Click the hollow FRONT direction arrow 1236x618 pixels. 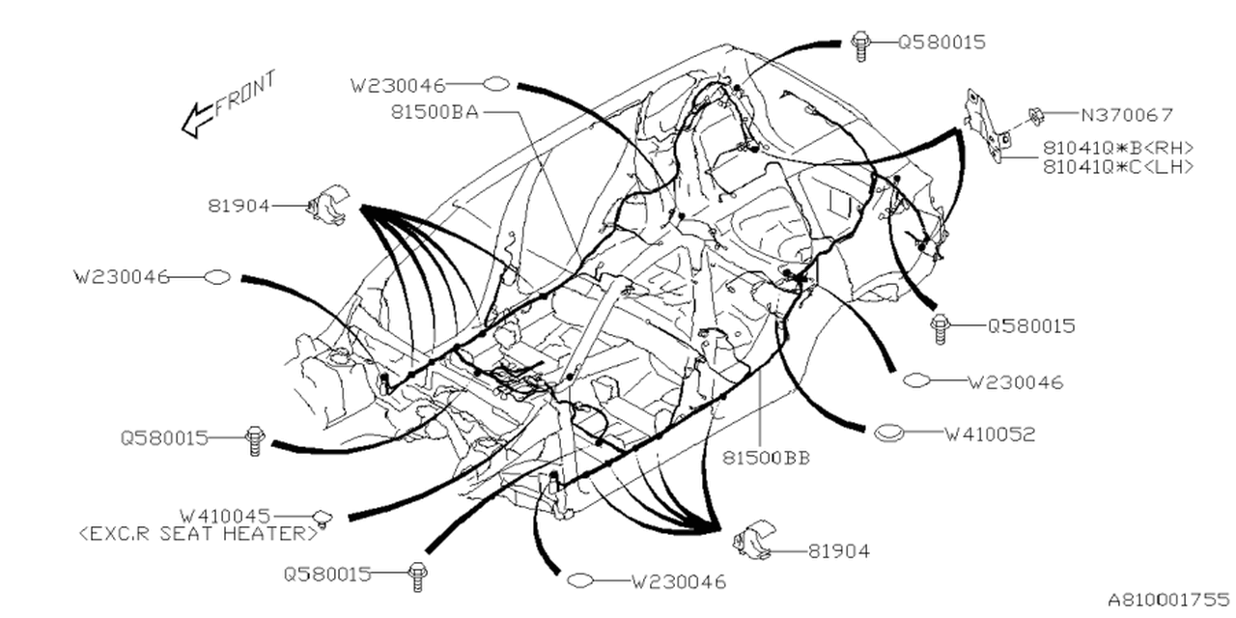(x=198, y=120)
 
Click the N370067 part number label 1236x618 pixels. (x=1126, y=115)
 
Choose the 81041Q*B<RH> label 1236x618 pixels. (x=1118, y=148)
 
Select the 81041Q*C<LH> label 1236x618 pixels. (x=1118, y=166)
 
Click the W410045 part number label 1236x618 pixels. (x=225, y=516)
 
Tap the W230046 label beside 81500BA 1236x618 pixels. (x=398, y=84)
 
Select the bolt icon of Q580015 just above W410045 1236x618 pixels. (x=254, y=439)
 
